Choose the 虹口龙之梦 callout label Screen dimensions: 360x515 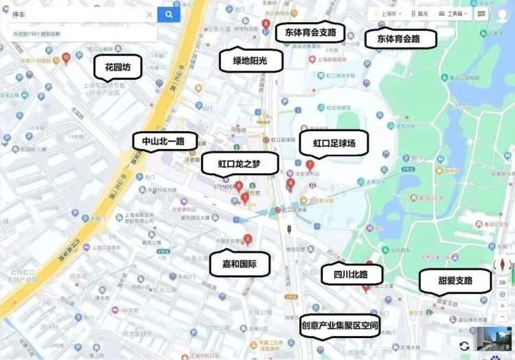pos(240,164)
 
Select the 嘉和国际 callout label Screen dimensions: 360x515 pos(240,264)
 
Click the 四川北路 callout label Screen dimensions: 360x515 pos(350,274)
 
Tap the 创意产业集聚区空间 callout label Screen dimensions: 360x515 pos(340,325)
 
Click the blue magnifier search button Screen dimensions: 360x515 pos(168,14)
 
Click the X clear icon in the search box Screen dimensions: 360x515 pos(149,14)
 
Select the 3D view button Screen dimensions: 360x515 pos(502,282)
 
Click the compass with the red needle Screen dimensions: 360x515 pos(502,265)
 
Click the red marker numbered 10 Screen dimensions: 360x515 pos(66,58)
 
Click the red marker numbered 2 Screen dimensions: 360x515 pos(248,240)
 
